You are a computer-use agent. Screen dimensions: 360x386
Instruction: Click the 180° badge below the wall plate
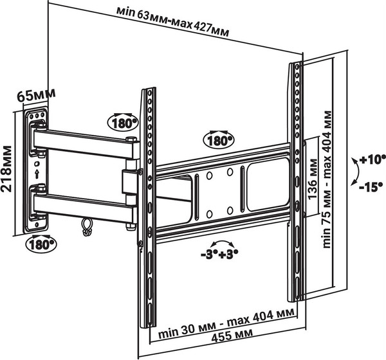click(41, 244)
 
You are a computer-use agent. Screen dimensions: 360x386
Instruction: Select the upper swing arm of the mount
click(84, 143)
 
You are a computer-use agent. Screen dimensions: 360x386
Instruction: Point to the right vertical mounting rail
click(297, 180)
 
